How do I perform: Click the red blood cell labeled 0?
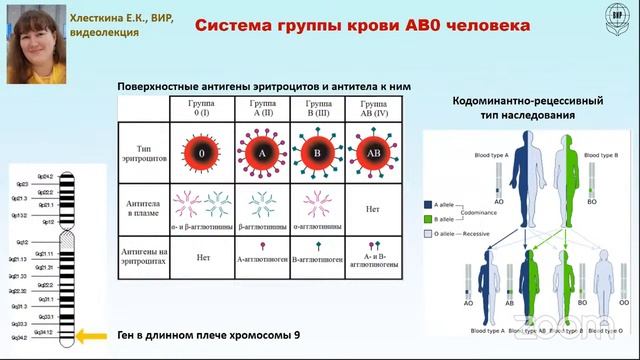click(x=202, y=154)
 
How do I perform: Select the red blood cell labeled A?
click(x=260, y=154)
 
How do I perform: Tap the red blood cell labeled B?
click(x=317, y=154)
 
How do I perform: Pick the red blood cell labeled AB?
click(x=374, y=154)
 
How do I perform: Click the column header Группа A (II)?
click(x=260, y=108)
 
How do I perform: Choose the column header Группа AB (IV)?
click(x=374, y=108)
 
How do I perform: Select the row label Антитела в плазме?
click(x=145, y=207)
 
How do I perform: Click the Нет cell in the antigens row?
click(x=202, y=257)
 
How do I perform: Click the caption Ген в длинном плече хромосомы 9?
click(x=207, y=334)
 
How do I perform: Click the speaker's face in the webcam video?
click(x=34, y=44)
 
